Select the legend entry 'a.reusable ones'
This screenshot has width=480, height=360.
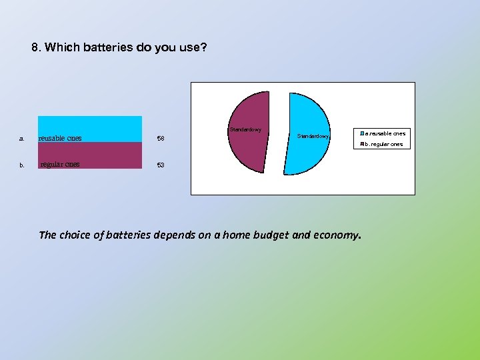point(385,133)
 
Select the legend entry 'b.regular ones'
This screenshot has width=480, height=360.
point(384,144)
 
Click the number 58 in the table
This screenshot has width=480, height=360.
point(160,139)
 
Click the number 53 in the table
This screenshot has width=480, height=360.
point(160,165)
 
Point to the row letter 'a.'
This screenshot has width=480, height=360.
point(22,139)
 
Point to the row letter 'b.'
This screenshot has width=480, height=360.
point(22,165)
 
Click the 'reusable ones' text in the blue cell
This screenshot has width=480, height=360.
point(60,138)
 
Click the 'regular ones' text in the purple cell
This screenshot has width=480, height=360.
point(60,164)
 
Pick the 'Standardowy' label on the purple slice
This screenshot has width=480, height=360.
point(245,129)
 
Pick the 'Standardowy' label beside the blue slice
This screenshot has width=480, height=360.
point(313,135)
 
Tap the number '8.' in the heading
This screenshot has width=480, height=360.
point(37,49)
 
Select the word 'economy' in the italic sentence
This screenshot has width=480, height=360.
point(337,235)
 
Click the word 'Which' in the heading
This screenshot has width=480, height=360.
point(63,49)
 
